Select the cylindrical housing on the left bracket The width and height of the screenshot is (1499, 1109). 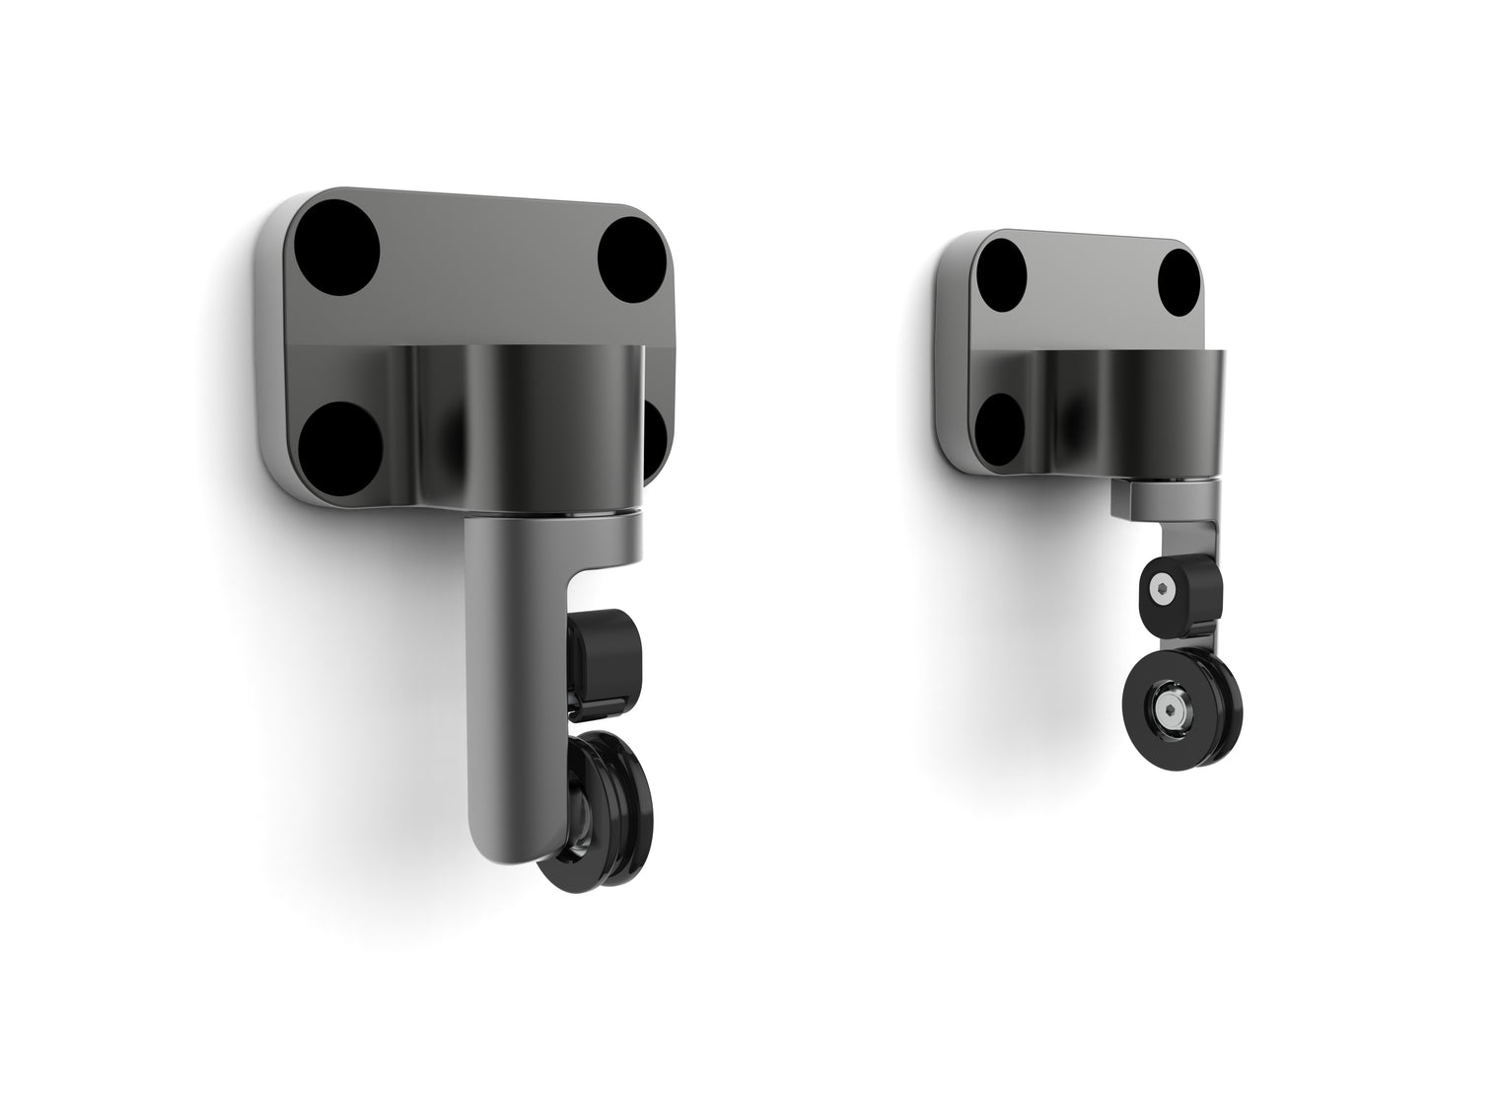[523, 424]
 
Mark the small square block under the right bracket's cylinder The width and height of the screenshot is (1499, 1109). [1134, 498]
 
